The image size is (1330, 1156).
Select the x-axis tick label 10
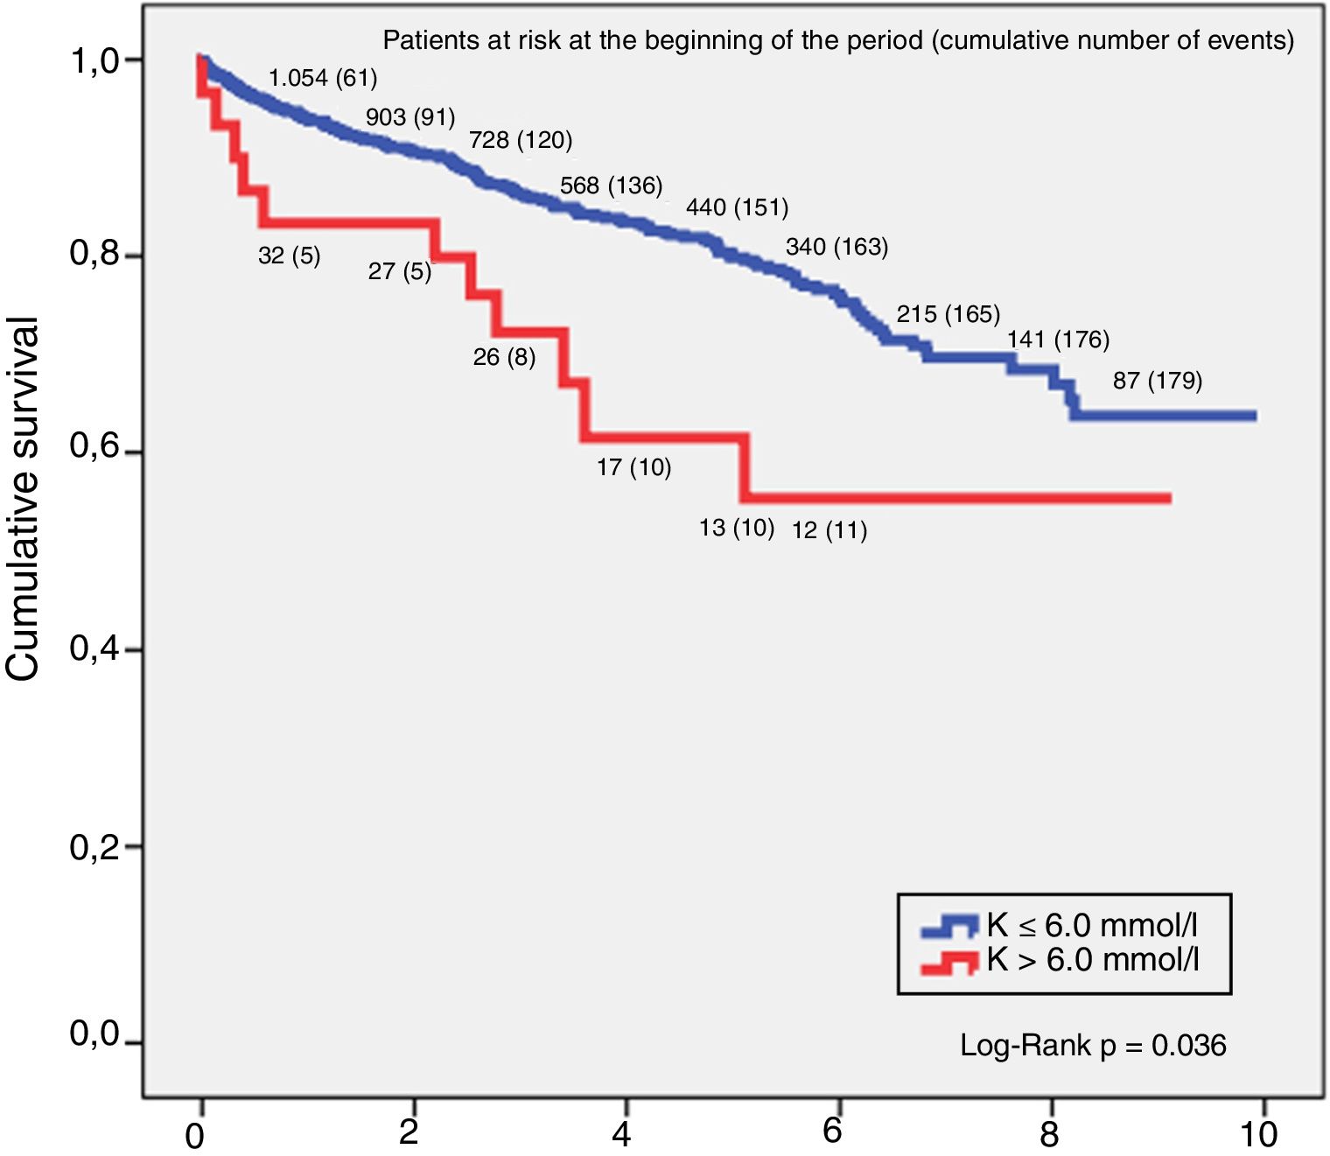(1258, 1134)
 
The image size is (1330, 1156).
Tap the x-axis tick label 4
(621, 1134)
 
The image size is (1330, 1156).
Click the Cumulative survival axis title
(24, 499)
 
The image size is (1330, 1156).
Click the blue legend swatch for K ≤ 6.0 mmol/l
(948, 926)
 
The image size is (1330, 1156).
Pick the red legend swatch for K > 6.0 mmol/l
(948, 962)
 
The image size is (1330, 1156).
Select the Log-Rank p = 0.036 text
(1093, 1045)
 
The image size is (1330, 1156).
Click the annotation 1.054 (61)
(323, 78)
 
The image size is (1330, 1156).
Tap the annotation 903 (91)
(410, 116)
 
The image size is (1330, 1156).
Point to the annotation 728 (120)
(521, 140)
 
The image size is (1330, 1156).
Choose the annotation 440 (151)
(737, 207)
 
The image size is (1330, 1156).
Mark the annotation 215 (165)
(948, 313)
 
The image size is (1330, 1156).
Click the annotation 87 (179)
(1158, 381)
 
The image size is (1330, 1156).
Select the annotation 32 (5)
(289, 256)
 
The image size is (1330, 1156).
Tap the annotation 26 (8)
(504, 357)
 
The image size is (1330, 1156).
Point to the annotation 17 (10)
(633, 467)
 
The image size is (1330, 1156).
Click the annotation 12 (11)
(829, 530)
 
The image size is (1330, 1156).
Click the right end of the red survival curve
(1169, 498)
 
